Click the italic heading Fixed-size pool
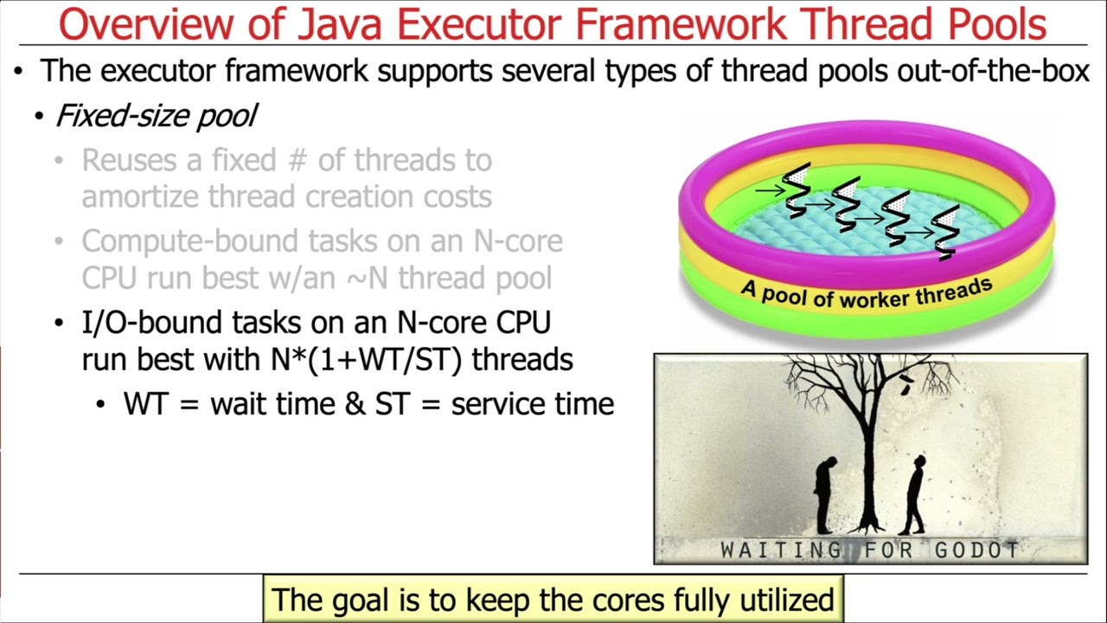pyautogui.click(x=156, y=116)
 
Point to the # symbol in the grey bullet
pyautogui.click(x=301, y=160)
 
